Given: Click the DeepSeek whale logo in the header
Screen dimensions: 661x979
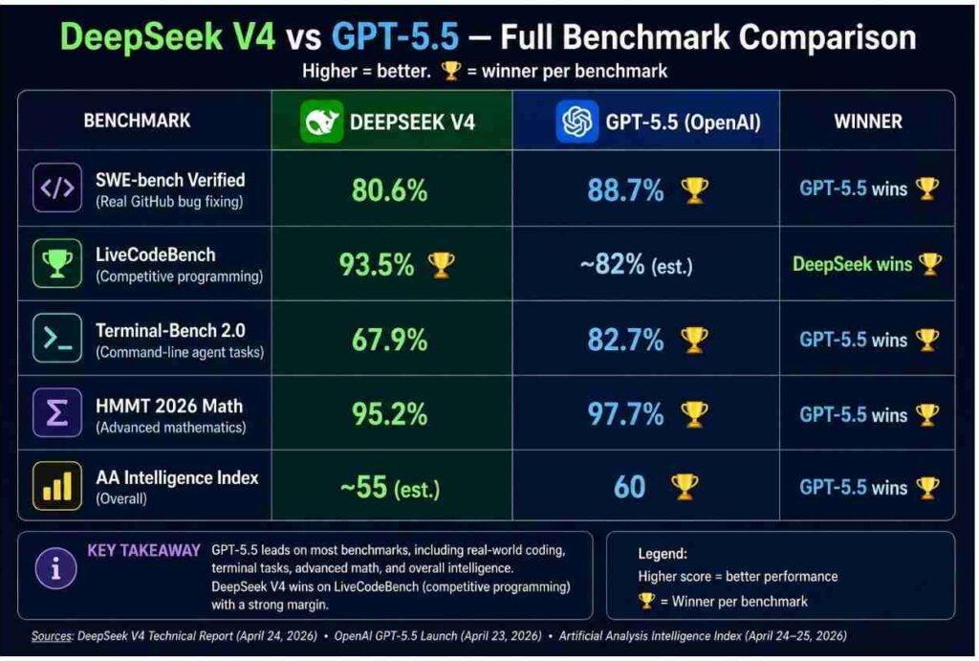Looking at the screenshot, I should pos(322,121).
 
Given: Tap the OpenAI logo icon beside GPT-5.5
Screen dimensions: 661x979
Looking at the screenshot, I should pos(577,121).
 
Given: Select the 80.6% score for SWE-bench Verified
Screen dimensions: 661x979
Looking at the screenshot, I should pos(389,189).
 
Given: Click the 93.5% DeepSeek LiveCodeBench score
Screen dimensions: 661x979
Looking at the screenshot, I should pos(378,265).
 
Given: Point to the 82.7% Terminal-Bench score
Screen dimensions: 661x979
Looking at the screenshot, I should pos(625,339).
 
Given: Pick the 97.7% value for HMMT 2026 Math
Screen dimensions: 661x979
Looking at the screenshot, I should pos(625,414).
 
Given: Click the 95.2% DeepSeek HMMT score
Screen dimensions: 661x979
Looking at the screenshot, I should pos(389,414).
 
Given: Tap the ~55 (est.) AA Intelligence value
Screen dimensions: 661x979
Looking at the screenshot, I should pos(390,488).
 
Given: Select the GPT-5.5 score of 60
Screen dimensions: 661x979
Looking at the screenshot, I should pos(629,488).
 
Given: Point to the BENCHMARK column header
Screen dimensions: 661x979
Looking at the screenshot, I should pos(137,121).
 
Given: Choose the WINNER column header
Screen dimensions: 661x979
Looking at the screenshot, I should pos(867,121).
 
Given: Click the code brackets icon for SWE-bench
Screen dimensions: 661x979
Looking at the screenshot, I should pos(57,187).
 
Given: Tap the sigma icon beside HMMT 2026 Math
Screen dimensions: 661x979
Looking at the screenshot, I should pos(57,414).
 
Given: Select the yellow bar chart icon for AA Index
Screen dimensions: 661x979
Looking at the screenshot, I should pos(57,487).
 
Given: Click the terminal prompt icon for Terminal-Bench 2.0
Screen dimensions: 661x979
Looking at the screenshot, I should pos(57,339).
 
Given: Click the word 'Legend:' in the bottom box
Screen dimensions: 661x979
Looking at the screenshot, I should pos(664,554).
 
